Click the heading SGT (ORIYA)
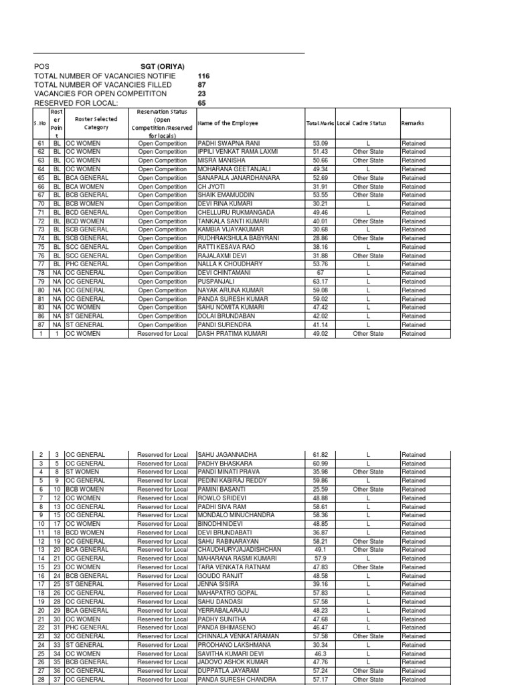(x=163, y=67)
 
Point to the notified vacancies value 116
(x=203, y=76)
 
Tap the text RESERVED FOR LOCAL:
(x=76, y=103)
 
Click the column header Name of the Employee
(x=228, y=123)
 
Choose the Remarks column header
(x=412, y=123)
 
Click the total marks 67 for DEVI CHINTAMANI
(x=321, y=273)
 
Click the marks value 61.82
(x=321, y=455)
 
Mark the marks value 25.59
(x=321, y=489)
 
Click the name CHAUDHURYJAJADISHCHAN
(x=239, y=550)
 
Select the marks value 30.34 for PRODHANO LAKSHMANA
(x=321, y=645)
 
